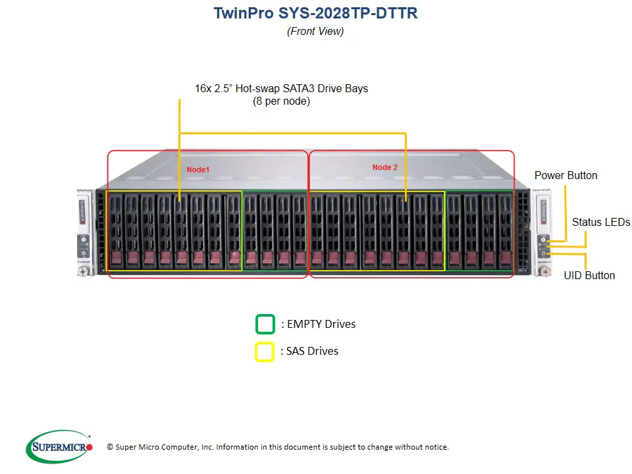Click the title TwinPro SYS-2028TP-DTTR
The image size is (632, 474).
tap(315, 13)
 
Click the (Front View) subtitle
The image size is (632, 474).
tap(315, 31)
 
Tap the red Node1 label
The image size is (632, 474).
tap(198, 170)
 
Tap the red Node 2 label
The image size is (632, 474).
tap(385, 167)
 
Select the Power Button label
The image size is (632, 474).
tap(566, 175)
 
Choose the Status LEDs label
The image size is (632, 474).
tap(600, 222)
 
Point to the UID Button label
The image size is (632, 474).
tap(589, 275)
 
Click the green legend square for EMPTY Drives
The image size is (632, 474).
tap(265, 325)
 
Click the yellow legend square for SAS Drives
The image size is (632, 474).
tap(265, 352)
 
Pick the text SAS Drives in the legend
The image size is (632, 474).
tap(312, 351)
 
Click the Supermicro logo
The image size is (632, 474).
tap(59, 447)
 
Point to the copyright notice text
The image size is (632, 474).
tap(277, 447)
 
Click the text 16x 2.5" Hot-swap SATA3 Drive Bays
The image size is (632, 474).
tap(281, 88)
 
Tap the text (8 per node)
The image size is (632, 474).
tap(281, 101)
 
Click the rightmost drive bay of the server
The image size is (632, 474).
tap(505, 230)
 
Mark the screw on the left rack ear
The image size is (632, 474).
tap(84, 269)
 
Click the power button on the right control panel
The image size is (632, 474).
tap(544, 240)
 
